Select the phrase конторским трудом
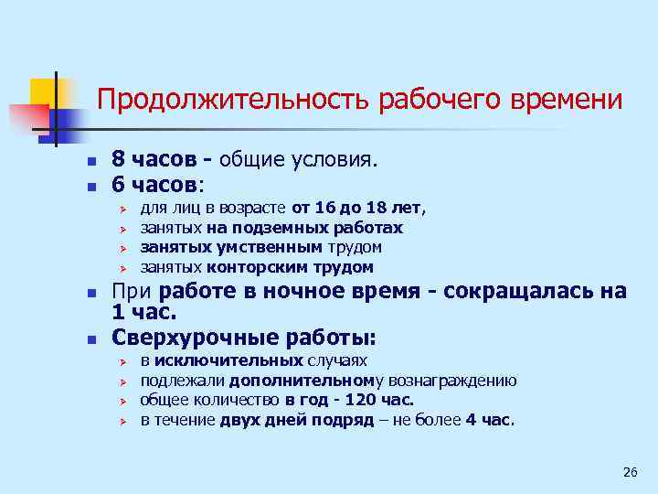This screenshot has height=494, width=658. [x=290, y=267]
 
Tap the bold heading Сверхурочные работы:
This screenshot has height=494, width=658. [x=244, y=337]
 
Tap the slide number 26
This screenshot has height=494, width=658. [x=629, y=472]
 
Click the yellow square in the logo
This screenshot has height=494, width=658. [x=44, y=91]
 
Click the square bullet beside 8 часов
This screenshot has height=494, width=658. [x=90, y=161]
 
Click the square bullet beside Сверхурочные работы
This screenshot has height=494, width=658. [x=90, y=338]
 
